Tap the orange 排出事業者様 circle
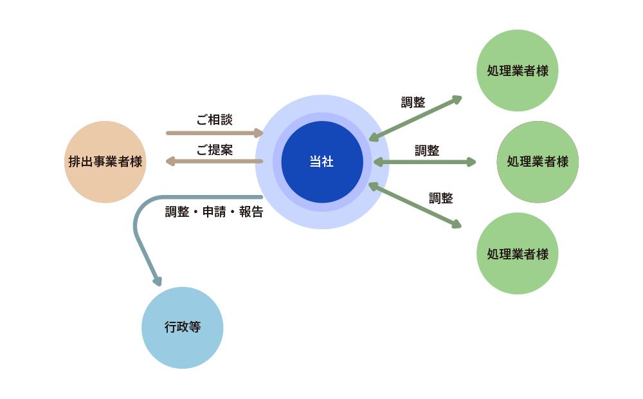[x=105, y=162]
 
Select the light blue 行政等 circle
[x=183, y=328]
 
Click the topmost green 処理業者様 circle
[x=518, y=71]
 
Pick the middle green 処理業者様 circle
[x=538, y=162]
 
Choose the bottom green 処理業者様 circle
[x=518, y=254]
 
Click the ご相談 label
[x=215, y=120]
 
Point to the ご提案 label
[x=215, y=150]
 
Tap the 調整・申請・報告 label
[x=214, y=212]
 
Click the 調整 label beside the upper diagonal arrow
[x=413, y=102]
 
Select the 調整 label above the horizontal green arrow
[x=427, y=151]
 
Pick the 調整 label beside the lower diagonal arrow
[x=441, y=198]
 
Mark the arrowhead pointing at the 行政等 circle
[x=158, y=281]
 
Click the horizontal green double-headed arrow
[x=425, y=162]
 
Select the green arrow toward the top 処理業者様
[x=416, y=117]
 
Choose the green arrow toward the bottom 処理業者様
[x=415, y=205]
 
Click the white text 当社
[x=321, y=162]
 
